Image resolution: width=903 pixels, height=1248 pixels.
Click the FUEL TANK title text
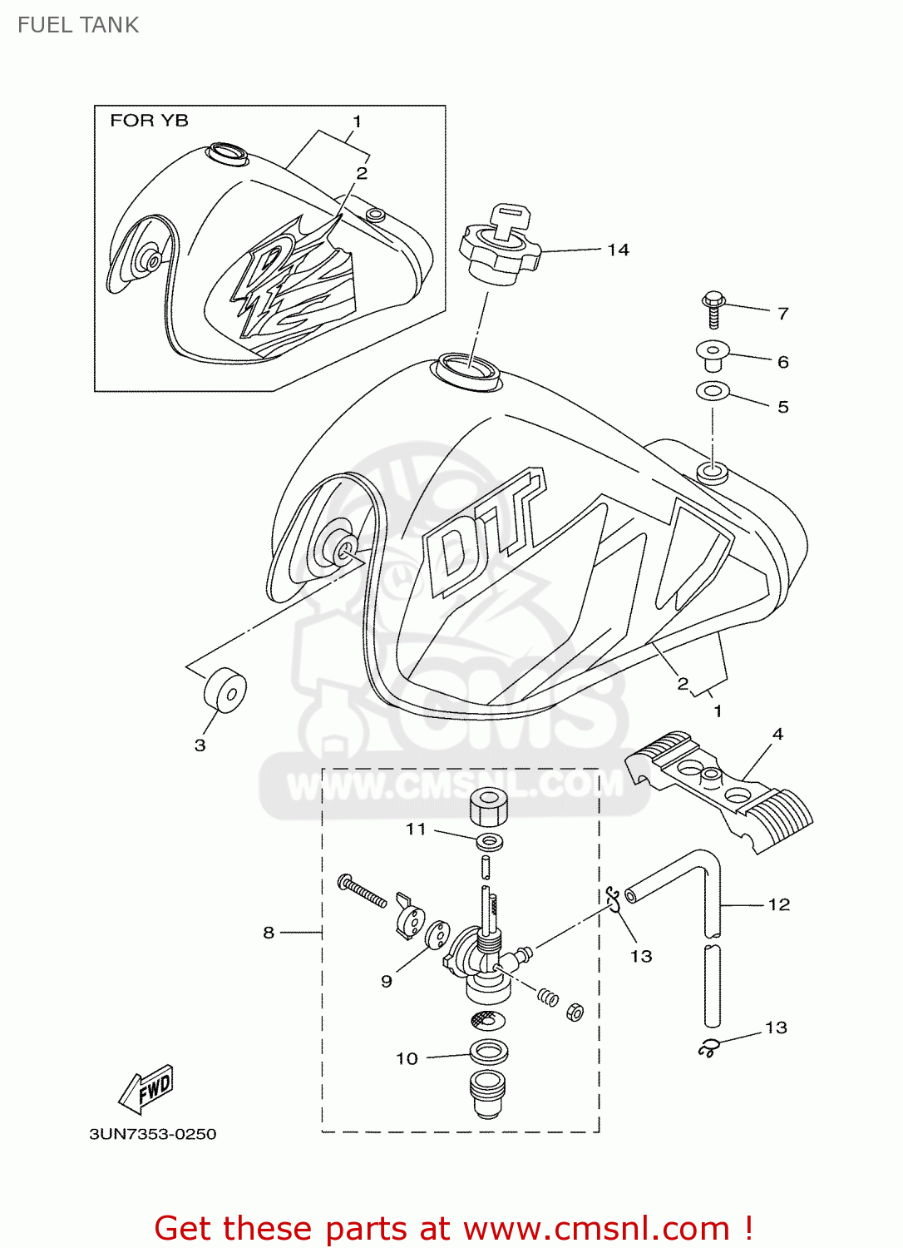click(x=77, y=25)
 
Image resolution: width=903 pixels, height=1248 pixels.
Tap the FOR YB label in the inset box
click(x=149, y=121)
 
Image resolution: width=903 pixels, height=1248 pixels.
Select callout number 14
click(x=618, y=250)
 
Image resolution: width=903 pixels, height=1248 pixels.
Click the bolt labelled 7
click(x=713, y=309)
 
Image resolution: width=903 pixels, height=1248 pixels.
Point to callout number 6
click(x=782, y=362)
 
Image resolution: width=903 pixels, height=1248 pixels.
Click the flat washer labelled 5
click(x=713, y=390)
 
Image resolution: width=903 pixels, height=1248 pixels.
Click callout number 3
click(x=200, y=745)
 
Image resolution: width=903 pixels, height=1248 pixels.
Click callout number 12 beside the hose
click(x=778, y=904)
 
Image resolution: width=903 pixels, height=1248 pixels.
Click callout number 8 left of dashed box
click(x=269, y=933)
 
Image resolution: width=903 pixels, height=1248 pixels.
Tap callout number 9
click(x=387, y=981)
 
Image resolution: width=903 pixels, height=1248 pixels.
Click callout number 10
click(x=407, y=1058)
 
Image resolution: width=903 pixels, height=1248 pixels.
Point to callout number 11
click(x=416, y=829)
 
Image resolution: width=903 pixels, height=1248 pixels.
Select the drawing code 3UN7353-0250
click(x=153, y=1134)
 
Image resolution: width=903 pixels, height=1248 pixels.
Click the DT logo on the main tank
click(x=482, y=532)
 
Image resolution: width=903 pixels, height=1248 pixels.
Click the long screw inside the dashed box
click(x=362, y=891)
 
